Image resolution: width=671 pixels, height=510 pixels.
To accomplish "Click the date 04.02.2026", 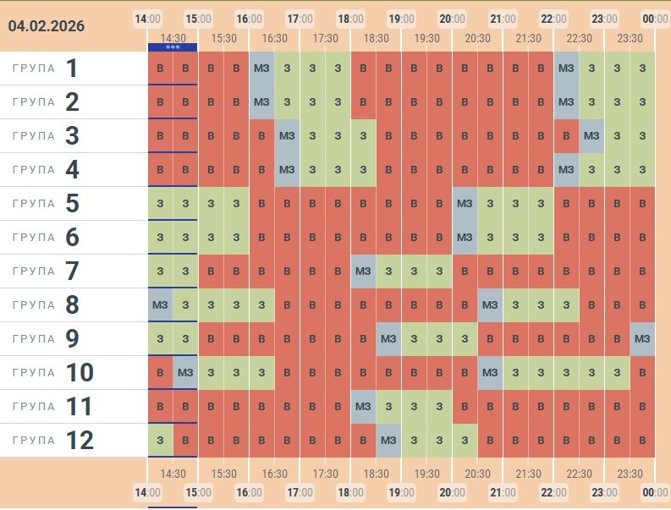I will coord(47,26).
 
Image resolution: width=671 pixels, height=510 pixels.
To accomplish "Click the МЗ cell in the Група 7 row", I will coord(363,271).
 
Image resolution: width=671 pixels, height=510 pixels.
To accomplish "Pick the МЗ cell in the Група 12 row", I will coord(388,441).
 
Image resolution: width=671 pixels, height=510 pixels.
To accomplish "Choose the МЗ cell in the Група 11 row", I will coord(363,407).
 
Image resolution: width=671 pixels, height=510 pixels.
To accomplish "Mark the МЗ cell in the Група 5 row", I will coord(465,204).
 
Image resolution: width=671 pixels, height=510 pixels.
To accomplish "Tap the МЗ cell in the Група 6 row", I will coord(465,238).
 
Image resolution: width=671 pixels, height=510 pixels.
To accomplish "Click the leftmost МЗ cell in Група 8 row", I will coord(160,305).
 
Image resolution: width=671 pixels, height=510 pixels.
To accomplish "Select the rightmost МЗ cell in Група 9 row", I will coord(642,339).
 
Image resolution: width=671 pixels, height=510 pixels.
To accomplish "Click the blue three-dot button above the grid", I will coord(173,47).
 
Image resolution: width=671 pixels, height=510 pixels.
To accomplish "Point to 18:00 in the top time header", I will coord(349,19).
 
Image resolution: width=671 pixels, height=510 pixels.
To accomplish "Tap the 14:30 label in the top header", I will coord(173,38).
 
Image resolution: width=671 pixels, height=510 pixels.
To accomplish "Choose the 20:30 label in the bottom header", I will coord(477,474).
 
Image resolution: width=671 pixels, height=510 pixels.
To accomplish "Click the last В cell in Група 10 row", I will coord(642,373).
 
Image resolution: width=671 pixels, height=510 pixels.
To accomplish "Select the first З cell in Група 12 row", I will coord(160,441).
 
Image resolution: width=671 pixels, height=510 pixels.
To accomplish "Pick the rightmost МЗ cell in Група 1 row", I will coord(566,69).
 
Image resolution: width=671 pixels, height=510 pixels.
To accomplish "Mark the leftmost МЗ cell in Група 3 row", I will coord(287,136).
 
